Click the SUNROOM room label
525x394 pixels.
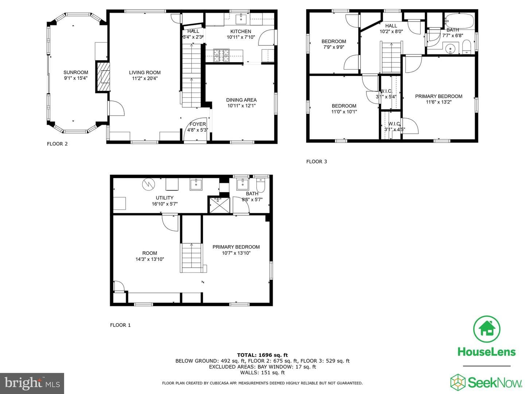click(76, 72)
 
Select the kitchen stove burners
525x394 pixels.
click(221, 55)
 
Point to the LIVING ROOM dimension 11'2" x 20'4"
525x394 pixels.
click(145, 78)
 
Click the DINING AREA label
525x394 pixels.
click(241, 100)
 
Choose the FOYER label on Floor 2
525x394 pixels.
click(198, 124)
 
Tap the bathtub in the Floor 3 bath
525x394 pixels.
click(459, 21)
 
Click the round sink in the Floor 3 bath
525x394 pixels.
click(450, 49)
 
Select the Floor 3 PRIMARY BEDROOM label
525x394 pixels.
click(439, 96)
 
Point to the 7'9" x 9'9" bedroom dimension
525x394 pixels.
click(334, 47)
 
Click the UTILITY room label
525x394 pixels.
click(164, 198)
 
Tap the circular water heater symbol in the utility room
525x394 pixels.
click(148, 185)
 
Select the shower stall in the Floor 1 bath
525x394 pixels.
click(219, 205)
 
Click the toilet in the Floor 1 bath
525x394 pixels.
click(260, 185)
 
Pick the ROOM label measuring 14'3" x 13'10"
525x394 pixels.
click(150, 253)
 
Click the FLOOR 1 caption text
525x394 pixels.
click(120, 325)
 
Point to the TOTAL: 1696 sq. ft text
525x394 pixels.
click(262, 355)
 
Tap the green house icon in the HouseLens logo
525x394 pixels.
click(486, 329)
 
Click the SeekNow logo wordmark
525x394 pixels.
click(495, 382)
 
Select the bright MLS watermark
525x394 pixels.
click(32, 383)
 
